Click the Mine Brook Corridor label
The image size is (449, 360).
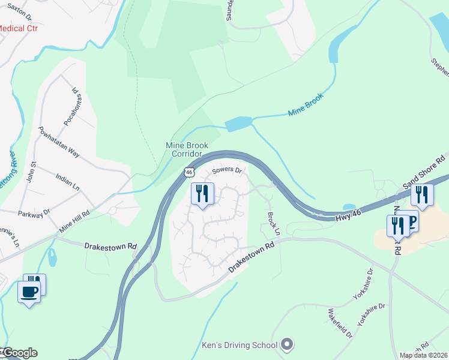[187, 149]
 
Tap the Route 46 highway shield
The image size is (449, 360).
[190, 172]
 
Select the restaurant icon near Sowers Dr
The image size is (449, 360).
[202, 194]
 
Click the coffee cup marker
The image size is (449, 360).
[29, 293]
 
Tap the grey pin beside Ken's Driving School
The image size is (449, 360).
[287, 344]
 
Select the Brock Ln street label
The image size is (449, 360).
[274, 223]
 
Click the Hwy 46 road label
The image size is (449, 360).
[350, 211]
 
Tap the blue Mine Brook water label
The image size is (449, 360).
[306, 104]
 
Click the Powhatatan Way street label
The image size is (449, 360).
[59, 142]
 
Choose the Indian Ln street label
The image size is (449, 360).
[67, 182]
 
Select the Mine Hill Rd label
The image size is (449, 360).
[75, 220]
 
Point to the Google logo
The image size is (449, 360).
[19, 352]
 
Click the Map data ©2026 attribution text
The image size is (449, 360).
[423, 355]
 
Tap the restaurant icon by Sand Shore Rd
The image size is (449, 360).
[422, 194]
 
